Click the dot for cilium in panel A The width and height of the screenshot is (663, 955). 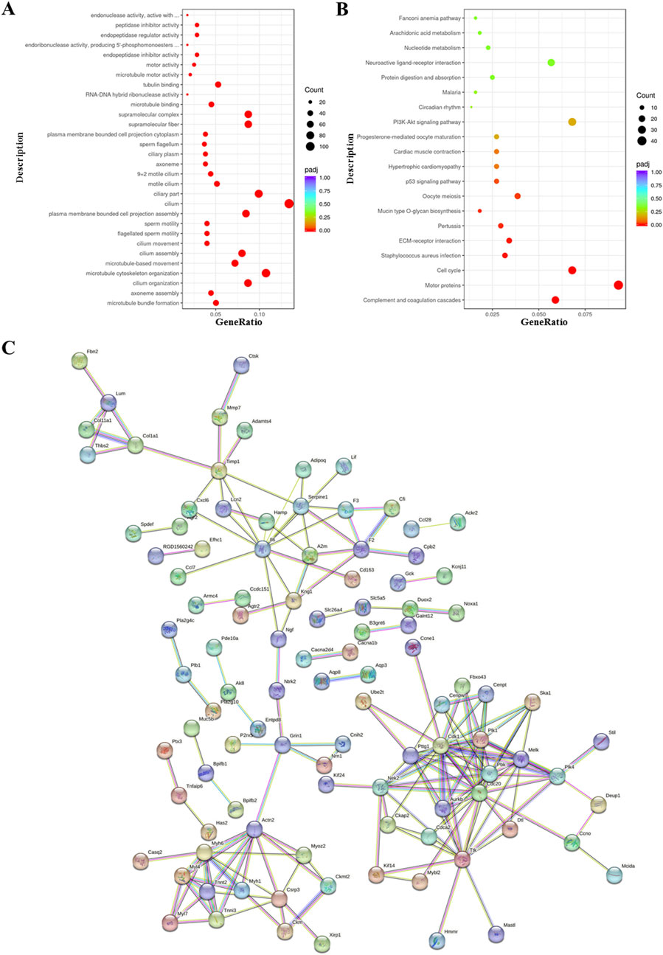(289, 204)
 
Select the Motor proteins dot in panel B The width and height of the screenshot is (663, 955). (618, 285)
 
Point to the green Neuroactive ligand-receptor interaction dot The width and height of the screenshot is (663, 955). (551, 63)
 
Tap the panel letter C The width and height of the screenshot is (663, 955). (10, 347)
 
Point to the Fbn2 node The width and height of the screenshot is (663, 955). (79, 361)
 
